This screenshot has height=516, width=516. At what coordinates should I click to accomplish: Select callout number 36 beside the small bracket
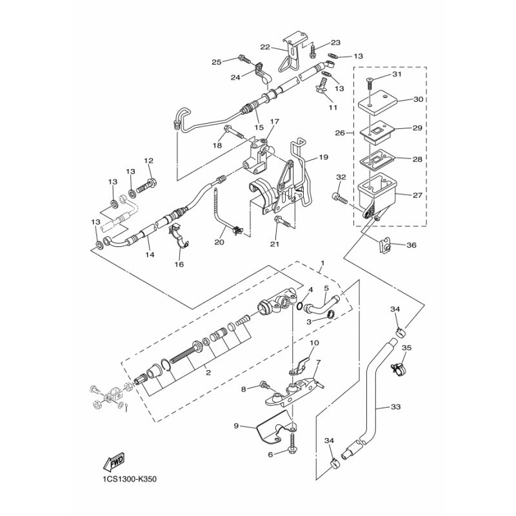(x=411, y=244)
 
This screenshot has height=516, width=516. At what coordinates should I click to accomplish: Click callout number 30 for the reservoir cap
(x=418, y=100)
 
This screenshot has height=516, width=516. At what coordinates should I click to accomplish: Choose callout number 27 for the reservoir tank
(x=418, y=194)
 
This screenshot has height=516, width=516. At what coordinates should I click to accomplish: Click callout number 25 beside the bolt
(x=216, y=62)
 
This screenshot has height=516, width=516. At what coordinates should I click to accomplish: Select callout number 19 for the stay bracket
(x=323, y=157)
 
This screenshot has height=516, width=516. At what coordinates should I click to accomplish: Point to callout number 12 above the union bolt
(x=148, y=161)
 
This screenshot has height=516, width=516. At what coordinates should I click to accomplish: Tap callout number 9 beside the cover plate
(x=236, y=426)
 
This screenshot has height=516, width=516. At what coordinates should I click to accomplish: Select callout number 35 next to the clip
(x=406, y=348)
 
